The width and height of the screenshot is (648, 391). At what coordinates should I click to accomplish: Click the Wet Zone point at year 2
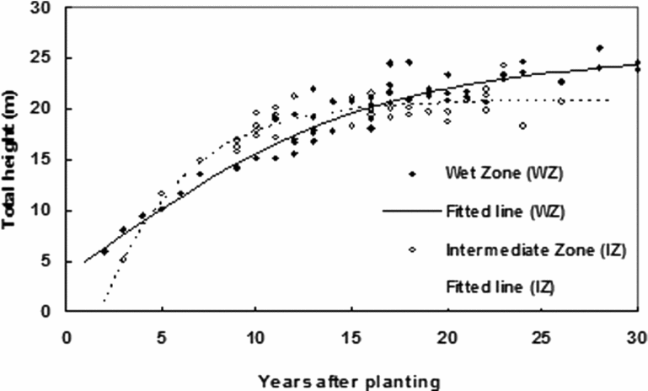point(104,251)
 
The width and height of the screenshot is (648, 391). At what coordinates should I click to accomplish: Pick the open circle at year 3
point(123,260)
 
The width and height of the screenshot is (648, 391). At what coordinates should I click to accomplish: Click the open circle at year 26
point(561,101)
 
